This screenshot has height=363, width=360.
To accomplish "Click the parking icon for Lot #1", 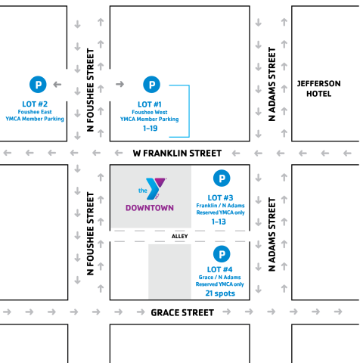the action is click(151, 85).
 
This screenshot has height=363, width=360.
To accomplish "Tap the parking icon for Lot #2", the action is click(38, 85).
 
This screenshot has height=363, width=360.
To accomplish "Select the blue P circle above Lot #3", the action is click(222, 178).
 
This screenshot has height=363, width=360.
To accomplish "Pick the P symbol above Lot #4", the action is click(222, 254).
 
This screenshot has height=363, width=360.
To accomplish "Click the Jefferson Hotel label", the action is click(318, 88).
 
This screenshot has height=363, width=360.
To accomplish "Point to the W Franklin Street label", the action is click(177, 153).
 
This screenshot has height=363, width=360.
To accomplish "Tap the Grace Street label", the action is click(182, 312).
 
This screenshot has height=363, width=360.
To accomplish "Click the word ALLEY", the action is click(179, 236).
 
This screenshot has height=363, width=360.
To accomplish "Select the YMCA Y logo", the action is click(153, 189).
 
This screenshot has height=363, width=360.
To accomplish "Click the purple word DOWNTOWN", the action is click(150, 208).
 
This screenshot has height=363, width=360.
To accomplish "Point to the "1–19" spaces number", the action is click(151, 129).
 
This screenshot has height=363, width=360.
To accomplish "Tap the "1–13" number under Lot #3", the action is click(219, 222).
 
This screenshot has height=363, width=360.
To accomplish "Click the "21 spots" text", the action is click(220, 293).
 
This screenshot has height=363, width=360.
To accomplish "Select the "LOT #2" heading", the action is click(35, 104).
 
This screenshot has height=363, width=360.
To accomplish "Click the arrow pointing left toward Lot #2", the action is click(57, 85).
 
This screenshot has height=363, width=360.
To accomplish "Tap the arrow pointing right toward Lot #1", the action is click(120, 84).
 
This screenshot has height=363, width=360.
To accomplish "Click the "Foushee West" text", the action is click(150, 112).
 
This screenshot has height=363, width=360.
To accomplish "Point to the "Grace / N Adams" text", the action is click(219, 278).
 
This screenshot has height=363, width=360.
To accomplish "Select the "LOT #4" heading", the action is click(219, 269).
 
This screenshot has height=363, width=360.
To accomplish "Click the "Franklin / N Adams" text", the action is click(220, 206).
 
